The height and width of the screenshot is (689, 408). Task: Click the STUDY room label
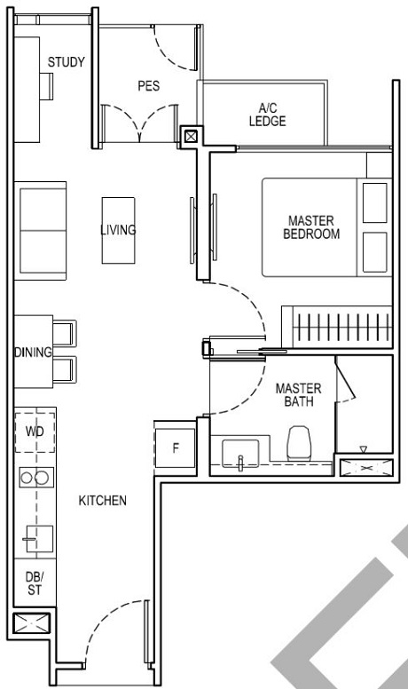(67, 62)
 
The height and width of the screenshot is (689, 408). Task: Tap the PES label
(147, 86)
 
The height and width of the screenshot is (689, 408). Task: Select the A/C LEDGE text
(267, 115)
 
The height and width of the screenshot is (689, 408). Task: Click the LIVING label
(118, 230)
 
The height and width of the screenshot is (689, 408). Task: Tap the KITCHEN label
(103, 501)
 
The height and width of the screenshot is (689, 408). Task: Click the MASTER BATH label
(292, 396)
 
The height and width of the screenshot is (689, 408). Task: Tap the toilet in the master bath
(300, 441)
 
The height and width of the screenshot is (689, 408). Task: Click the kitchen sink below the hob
(36, 535)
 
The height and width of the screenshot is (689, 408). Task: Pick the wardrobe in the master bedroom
(335, 328)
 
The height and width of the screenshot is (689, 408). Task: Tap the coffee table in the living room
(118, 230)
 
